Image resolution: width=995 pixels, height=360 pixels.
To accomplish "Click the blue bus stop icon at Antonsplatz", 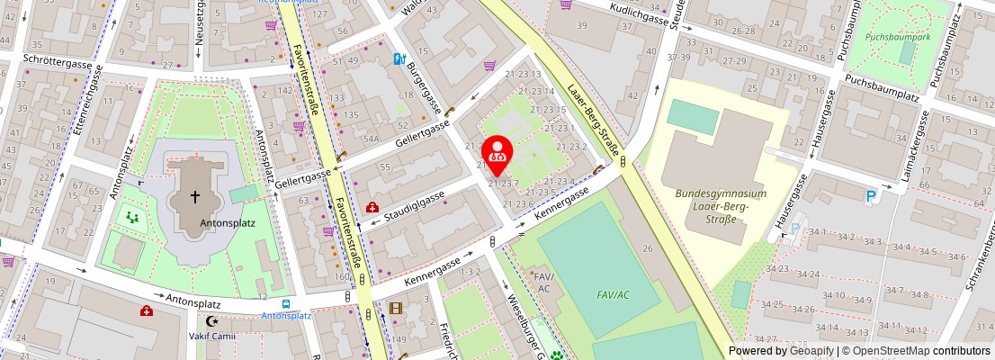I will coord(286,304).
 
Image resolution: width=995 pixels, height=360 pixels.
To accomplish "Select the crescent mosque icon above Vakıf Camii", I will coord(212,320).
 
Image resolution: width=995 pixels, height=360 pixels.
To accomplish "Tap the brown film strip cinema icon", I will coord(396,309).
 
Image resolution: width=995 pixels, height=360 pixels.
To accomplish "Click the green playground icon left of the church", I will coord(132,216).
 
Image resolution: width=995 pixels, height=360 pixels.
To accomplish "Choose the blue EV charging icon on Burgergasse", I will coord(399,59).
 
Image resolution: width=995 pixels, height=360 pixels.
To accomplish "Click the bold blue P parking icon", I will coord(870,196).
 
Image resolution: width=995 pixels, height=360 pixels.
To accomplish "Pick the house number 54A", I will coord(370,139).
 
